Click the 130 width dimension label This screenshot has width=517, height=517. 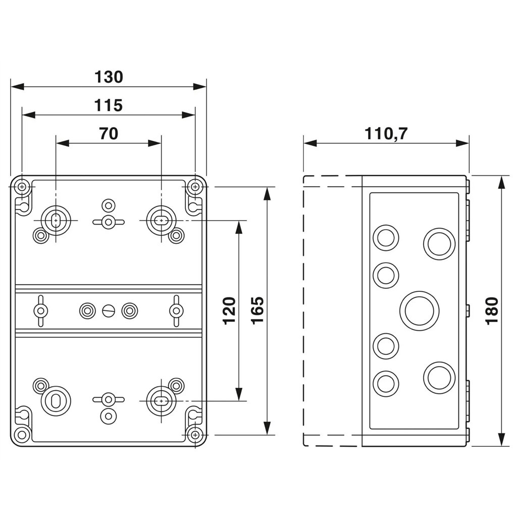[109, 77]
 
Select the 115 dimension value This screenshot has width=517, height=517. [109, 106]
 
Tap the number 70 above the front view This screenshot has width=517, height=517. [109, 134]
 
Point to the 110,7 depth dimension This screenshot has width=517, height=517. [386, 134]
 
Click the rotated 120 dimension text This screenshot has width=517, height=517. [230, 311]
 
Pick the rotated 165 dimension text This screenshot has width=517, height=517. [258, 311]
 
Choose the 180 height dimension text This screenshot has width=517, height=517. [492, 311]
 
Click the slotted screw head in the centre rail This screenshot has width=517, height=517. [109, 311]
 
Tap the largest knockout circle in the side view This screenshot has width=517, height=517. [420, 311]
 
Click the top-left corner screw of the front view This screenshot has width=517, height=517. [22, 187]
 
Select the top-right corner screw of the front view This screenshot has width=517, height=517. [195, 187]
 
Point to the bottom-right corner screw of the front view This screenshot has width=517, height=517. [195, 435]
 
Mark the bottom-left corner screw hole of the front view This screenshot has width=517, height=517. [22, 435]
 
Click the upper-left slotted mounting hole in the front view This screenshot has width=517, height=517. [56, 220]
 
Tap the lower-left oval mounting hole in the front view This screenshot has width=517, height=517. [56, 400]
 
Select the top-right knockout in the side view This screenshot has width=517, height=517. [439, 244]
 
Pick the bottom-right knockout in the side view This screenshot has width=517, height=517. [439, 378]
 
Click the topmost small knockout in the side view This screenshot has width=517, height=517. [386, 237]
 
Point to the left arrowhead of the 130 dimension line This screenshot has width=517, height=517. [17, 86]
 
